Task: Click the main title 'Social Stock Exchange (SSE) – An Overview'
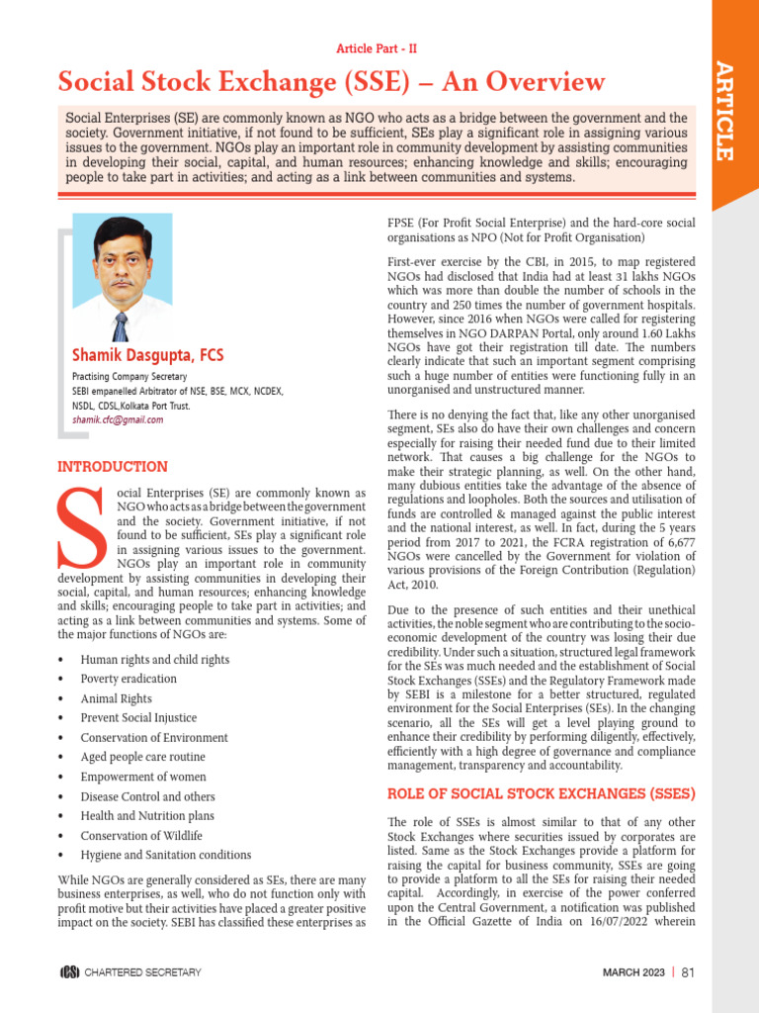(x=331, y=81)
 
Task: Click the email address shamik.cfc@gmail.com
(x=118, y=419)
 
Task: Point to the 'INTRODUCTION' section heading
(x=112, y=467)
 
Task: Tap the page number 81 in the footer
(x=689, y=972)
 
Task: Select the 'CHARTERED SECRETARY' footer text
(x=142, y=972)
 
